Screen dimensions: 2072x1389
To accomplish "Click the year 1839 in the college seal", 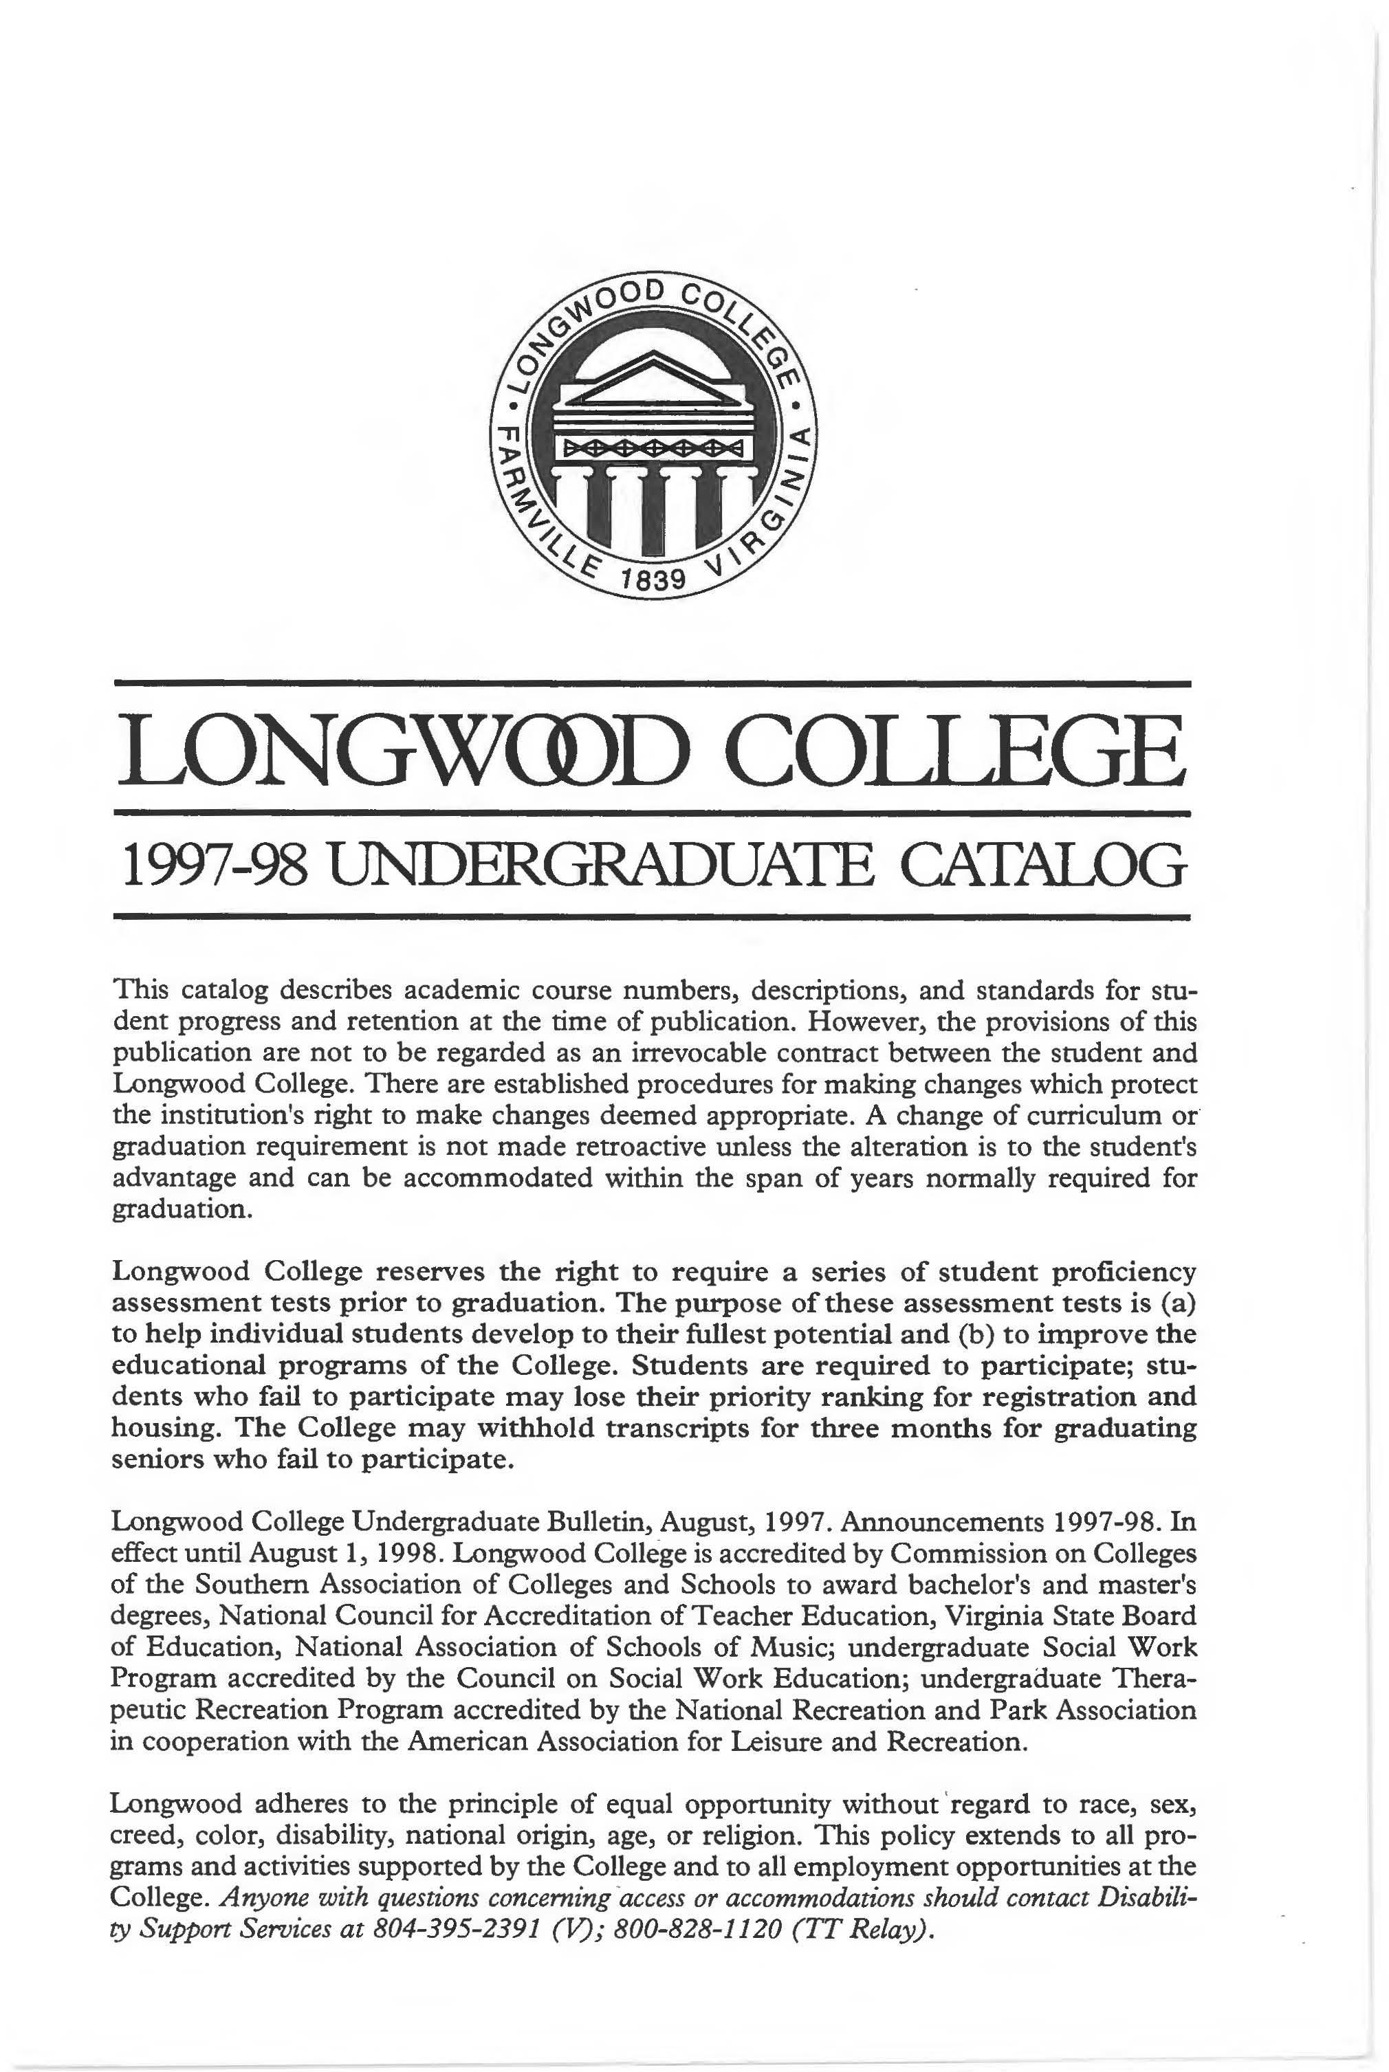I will coord(654,580).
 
